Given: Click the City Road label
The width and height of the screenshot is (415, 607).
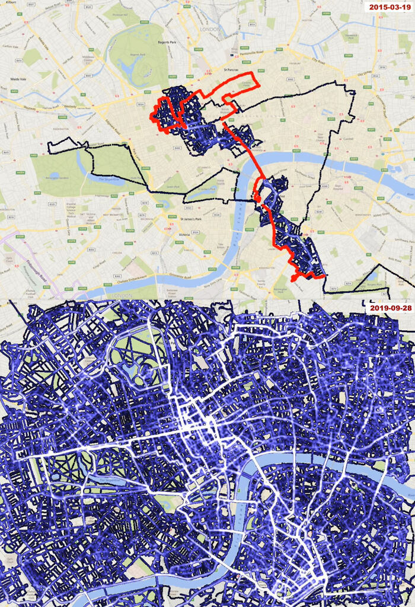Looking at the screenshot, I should point(318,60).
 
